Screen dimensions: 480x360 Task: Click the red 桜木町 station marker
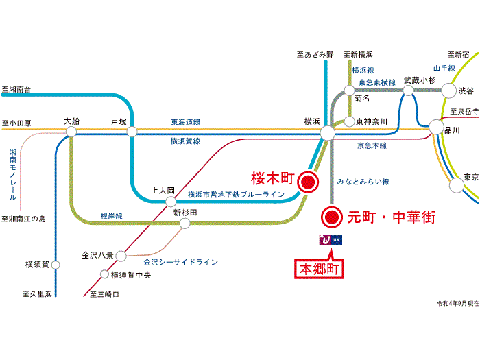pos(308,182)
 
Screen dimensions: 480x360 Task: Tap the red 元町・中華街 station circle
pos(332,217)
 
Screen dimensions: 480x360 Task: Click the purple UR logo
pos(331,240)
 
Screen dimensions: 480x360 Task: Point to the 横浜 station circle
pos(328,133)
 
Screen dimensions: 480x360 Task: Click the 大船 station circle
pos(71,132)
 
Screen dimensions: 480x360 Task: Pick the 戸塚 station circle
pos(132,132)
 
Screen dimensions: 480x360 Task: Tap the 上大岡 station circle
pos(171,202)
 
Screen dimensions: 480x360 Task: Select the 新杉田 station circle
pos(184,223)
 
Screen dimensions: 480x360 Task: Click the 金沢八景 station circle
pos(121,256)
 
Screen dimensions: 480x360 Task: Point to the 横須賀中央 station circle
pos(104,274)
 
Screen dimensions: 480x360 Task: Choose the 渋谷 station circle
pos(448,91)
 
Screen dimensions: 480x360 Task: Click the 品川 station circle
pos(436,127)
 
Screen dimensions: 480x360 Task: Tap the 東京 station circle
pos(457,185)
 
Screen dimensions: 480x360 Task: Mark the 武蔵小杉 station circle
pos(408,91)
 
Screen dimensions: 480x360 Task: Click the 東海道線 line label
pos(186,122)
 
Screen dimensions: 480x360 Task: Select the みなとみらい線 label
pos(363,182)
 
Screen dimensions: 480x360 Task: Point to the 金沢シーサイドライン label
pos(181,262)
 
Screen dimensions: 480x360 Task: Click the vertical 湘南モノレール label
pos(13,174)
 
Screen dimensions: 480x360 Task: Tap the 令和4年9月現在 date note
pos(458,303)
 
